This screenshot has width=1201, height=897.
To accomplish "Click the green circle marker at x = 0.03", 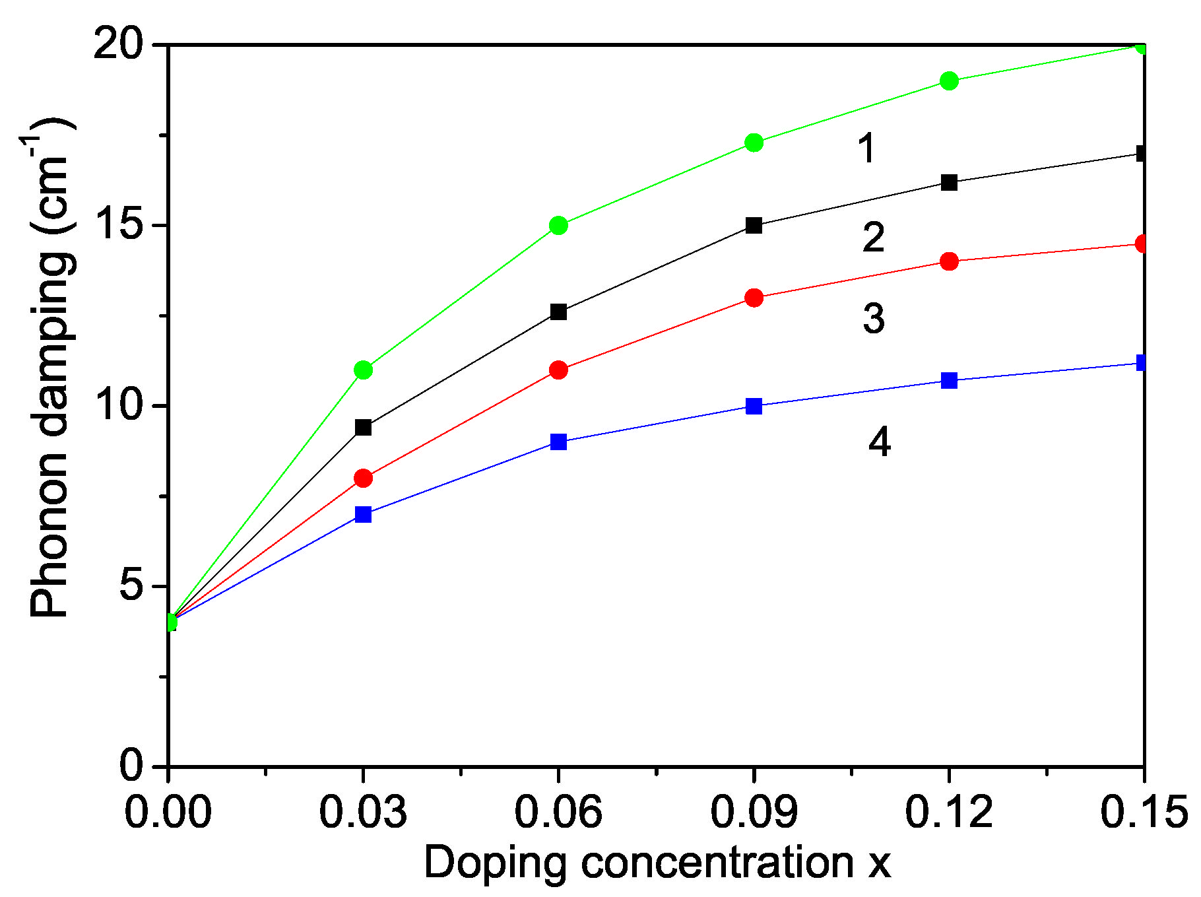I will click(363, 370).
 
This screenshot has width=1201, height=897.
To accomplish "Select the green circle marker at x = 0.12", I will click(949, 81).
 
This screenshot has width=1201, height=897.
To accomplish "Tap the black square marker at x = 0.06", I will click(558, 312).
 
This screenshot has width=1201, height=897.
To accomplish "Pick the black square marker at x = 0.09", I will click(754, 225).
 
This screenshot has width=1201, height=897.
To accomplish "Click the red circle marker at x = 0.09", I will click(754, 298).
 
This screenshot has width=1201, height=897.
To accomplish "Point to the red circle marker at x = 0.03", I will click(363, 478).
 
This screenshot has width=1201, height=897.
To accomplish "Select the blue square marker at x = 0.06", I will click(558, 442).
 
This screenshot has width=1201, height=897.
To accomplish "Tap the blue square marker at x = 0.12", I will click(949, 380).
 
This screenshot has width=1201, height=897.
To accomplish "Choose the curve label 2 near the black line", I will click(873, 237).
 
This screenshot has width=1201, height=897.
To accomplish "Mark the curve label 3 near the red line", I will click(874, 318).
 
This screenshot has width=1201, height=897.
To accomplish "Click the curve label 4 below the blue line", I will click(879, 442).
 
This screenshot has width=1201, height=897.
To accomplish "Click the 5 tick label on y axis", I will click(132, 586).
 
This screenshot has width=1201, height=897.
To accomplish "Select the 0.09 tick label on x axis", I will click(754, 811).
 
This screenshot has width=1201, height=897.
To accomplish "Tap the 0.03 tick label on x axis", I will click(363, 811).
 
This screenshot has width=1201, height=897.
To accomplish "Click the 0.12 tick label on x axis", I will click(949, 811).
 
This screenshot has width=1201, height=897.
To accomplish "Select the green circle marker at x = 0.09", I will click(754, 142).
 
